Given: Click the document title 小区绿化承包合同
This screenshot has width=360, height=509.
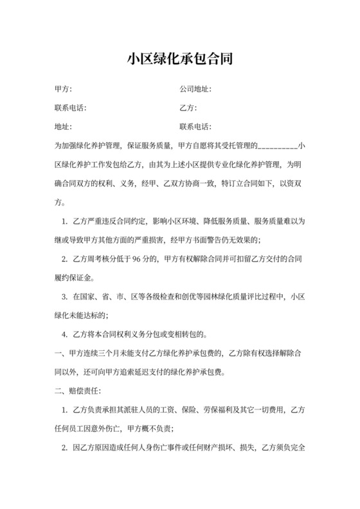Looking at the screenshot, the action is tap(179, 60).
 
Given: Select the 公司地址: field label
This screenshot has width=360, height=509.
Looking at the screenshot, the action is tap(195, 89).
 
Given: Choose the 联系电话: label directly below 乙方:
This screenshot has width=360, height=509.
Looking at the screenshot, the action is tap(195, 127).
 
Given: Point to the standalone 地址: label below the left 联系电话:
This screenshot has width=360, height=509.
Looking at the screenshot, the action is tap(63, 127).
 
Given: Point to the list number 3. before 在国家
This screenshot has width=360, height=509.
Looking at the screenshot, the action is tap(64, 297).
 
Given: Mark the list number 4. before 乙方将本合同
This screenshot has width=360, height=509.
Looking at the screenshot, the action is tap(64, 335).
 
